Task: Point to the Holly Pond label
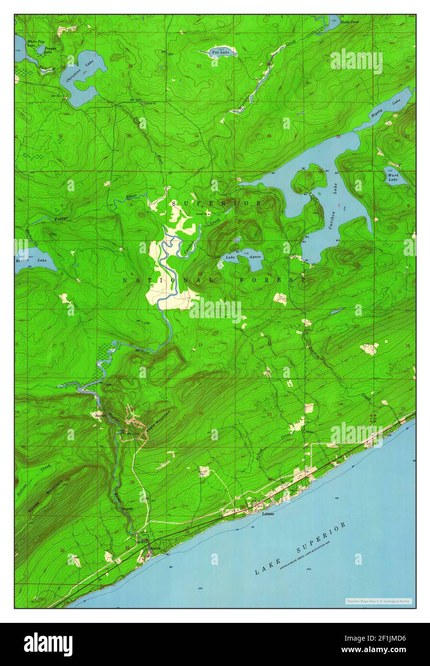349,22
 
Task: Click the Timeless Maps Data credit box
378,601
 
